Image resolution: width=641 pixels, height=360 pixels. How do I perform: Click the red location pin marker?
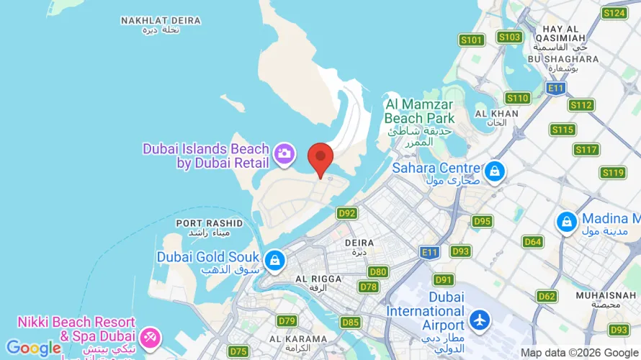320,157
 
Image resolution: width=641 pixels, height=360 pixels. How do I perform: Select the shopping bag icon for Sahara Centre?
494,171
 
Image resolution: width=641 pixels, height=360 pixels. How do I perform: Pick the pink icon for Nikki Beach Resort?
150,336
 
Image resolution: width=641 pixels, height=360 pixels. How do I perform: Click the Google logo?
34,348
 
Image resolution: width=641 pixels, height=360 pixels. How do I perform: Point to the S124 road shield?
614,13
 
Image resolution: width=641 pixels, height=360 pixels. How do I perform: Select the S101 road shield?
472,40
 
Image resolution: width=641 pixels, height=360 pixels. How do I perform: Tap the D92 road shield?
347,213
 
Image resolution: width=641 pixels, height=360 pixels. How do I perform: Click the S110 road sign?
517,98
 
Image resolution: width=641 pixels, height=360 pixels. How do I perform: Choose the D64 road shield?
532,242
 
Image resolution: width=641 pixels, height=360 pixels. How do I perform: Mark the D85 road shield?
351,323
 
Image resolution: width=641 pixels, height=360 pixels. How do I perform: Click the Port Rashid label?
209,228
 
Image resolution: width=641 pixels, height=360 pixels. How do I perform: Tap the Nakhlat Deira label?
151,24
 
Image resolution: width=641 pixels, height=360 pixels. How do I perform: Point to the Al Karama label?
294,343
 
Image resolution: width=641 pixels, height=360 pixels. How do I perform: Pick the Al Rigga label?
316,282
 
